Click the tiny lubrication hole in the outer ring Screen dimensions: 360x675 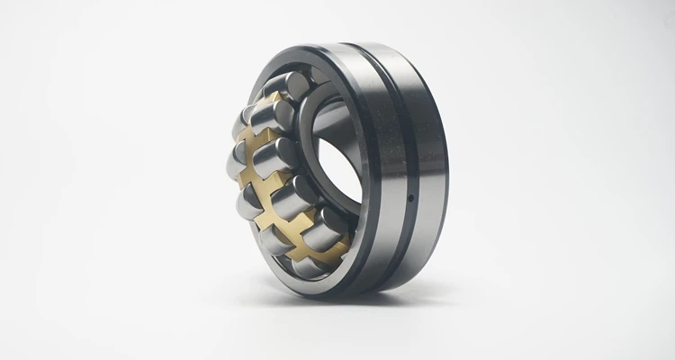point(411,195)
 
